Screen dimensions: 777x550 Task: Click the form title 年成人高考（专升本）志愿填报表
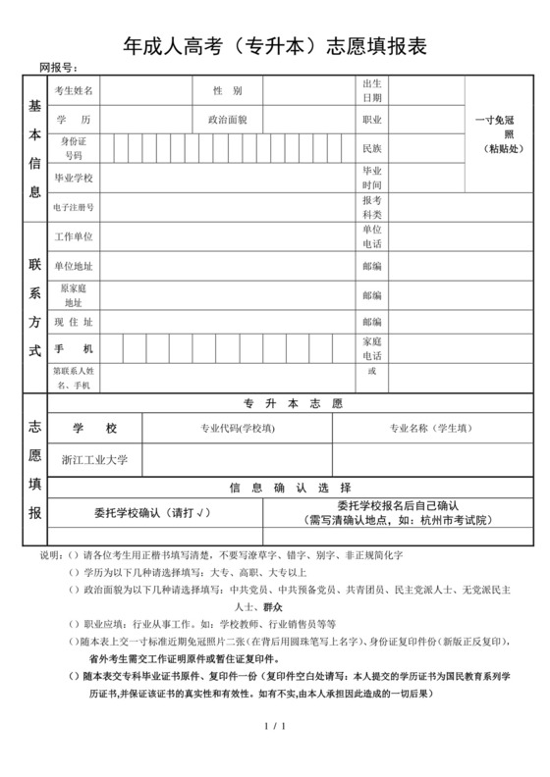point(275,44)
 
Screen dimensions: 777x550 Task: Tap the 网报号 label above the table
point(58,67)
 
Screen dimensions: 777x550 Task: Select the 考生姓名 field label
point(74,91)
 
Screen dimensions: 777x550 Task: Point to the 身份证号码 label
point(74,149)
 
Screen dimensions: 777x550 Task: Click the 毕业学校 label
point(74,178)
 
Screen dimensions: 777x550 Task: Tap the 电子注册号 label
point(74,207)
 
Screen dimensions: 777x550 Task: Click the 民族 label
point(372,149)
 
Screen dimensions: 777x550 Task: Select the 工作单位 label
point(74,237)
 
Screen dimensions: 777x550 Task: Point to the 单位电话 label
point(372,236)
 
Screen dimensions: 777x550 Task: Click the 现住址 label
point(74,322)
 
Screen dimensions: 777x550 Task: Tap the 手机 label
point(74,349)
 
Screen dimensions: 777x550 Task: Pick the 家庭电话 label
point(372,348)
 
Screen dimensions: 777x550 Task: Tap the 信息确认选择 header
point(291,488)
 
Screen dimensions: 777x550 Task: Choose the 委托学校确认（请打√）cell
point(151,513)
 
